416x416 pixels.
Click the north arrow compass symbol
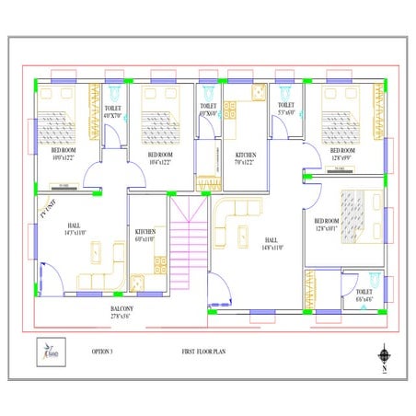tap(383, 354)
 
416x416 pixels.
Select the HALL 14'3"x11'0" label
tap(75, 230)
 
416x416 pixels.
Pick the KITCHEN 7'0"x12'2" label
tap(245, 159)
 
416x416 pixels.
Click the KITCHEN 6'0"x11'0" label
tap(145, 235)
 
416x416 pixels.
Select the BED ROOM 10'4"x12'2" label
tap(158, 157)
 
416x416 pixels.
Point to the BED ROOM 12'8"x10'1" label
tap(328, 225)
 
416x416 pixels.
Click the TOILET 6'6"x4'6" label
tap(364, 295)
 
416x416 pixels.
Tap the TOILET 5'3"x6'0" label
tap(284, 110)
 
